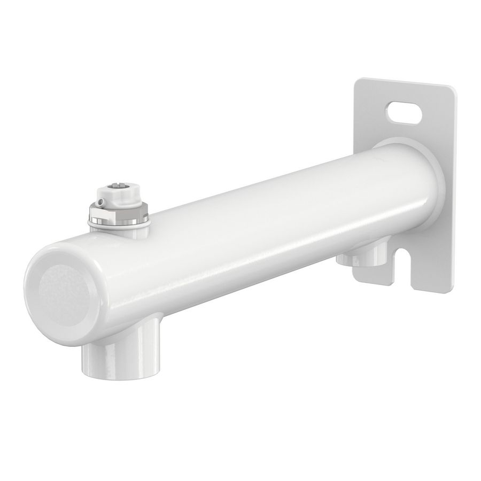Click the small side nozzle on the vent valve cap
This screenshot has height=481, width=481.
(100, 202)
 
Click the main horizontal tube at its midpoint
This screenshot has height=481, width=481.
(241, 235)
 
